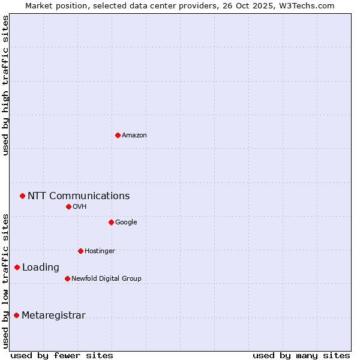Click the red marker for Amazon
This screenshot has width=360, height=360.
pyautogui.click(x=118, y=135)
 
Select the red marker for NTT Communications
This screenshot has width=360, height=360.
pyautogui.click(x=22, y=196)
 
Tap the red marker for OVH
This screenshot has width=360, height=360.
pyautogui.click(x=68, y=206)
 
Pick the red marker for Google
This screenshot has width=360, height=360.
pyautogui.click(x=111, y=222)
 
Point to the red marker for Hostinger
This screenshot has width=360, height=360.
pyautogui.click(x=80, y=251)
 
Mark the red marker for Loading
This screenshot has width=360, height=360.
pyautogui.click(x=17, y=267)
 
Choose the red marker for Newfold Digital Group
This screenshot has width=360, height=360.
pyautogui.click(x=67, y=278)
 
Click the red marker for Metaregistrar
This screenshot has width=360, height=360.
pyautogui.click(x=16, y=315)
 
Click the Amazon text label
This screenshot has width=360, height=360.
pyautogui.click(x=134, y=136)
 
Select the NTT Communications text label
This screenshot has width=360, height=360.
pyautogui.click(x=79, y=196)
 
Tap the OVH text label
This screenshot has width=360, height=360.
pyautogui.click(x=80, y=207)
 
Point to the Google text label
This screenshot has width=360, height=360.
pyautogui.click(x=126, y=223)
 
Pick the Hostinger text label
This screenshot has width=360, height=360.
pyautogui.click(x=100, y=251)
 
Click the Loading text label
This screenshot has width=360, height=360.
pyautogui.click(x=41, y=268)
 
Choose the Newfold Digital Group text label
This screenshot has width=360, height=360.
pyautogui.click(x=106, y=279)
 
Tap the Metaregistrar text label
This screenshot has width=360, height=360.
pyautogui.click(x=53, y=316)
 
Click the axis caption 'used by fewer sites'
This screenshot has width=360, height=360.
pyautogui.click(x=62, y=355)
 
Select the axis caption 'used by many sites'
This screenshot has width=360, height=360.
pyautogui.click(x=301, y=355)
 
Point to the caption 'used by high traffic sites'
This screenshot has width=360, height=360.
pyautogui.click(x=5, y=85)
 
